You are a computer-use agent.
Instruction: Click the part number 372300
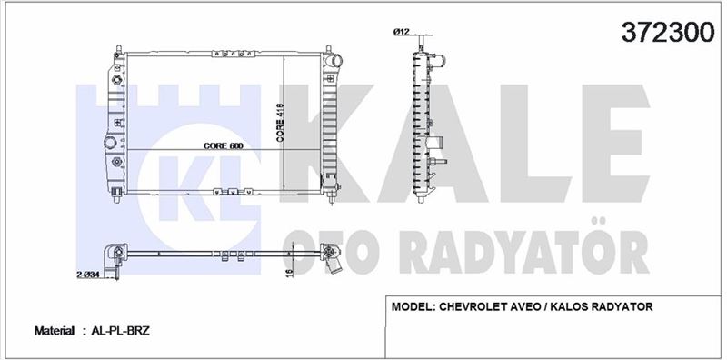pyautogui.click(x=668, y=32)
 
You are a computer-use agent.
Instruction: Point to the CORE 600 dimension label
pyautogui.click(x=224, y=145)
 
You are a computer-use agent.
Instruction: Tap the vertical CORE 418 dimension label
pyautogui.click(x=280, y=122)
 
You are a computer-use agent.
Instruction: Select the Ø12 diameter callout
pyautogui.click(x=400, y=32)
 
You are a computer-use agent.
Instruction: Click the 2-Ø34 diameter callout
pyautogui.click(x=88, y=275)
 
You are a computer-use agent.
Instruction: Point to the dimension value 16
pyautogui.click(x=288, y=273)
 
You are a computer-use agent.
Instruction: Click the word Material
pyautogui.click(x=55, y=331)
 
